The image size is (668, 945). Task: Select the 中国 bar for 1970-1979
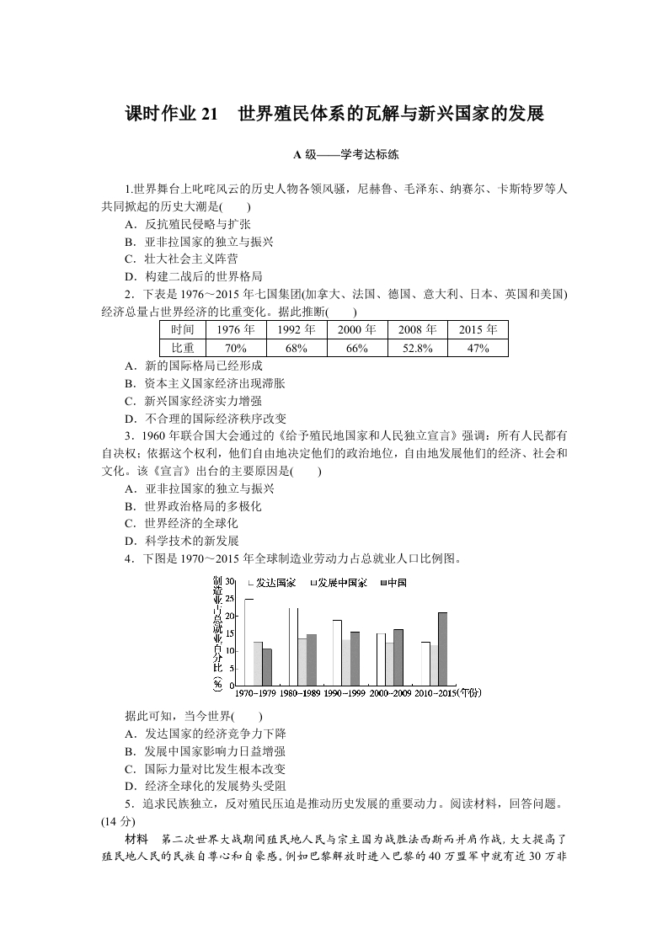tap(267, 666)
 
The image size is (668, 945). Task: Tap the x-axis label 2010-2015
tap(434, 692)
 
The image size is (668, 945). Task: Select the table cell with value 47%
tap(478, 348)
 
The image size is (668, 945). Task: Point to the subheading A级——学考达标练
tap(334, 155)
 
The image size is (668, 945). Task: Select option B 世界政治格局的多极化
tap(192, 506)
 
